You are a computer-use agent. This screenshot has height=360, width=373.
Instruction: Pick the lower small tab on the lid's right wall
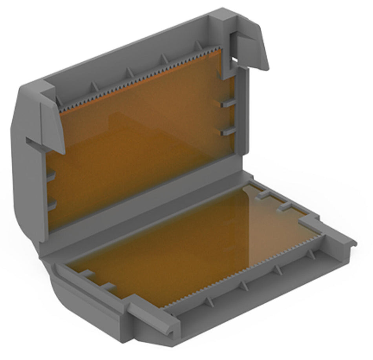click(227, 132)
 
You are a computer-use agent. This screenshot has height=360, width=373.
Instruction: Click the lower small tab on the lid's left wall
click(51, 204)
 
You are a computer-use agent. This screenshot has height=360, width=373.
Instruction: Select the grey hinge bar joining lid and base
click(141, 220)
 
